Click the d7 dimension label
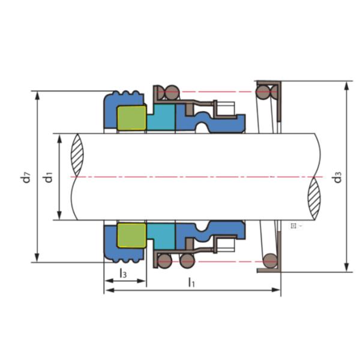point(27,177)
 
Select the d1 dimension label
point(49,177)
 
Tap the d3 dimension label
point(338,177)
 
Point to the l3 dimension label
point(123,273)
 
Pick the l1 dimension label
point(191,283)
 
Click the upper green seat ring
point(131,118)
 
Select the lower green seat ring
point(131,235)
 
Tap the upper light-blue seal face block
point(161,117)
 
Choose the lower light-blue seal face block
point(161,236)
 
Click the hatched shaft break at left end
point(77,155)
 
